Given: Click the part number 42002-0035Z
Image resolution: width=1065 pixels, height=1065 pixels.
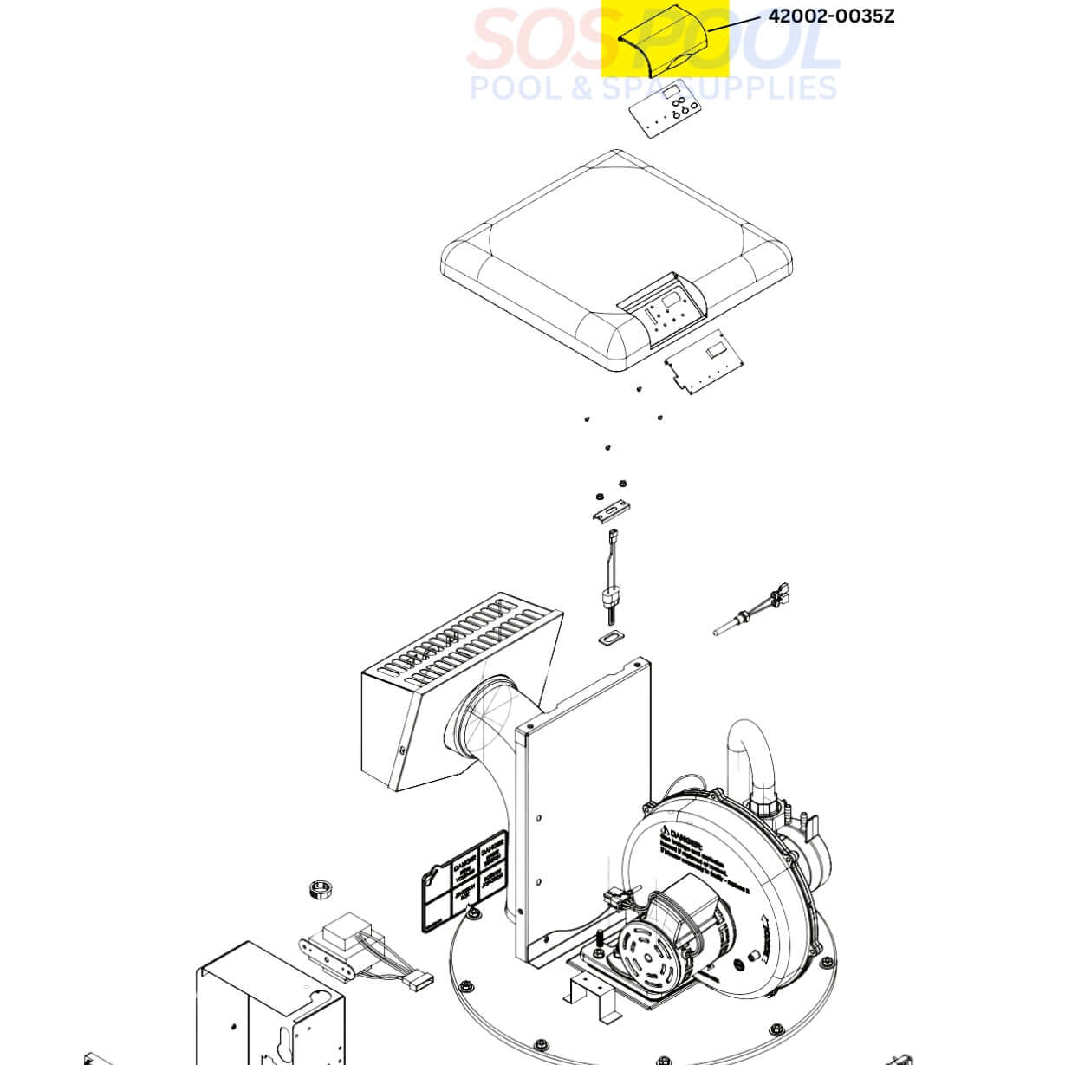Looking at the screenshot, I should click(x=830, y=16).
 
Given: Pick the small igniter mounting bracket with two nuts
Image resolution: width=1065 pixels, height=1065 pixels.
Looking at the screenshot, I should click(x=611, y=511).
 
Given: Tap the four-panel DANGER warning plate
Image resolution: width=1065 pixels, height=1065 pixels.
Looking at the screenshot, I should click(x=464, y=880).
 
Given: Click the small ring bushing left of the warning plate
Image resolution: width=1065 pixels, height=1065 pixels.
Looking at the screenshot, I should click(x=322, y=891).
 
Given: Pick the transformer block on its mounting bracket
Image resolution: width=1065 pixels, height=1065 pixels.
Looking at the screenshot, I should click(x=342, y=945).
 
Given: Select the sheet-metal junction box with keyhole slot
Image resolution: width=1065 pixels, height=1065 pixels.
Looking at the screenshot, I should click(x=269, y=1005).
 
